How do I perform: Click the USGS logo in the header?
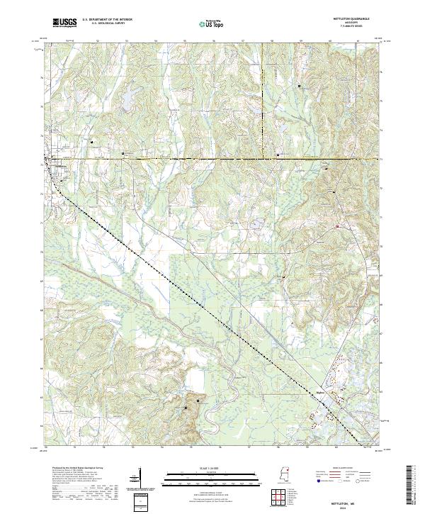(64, 23)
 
